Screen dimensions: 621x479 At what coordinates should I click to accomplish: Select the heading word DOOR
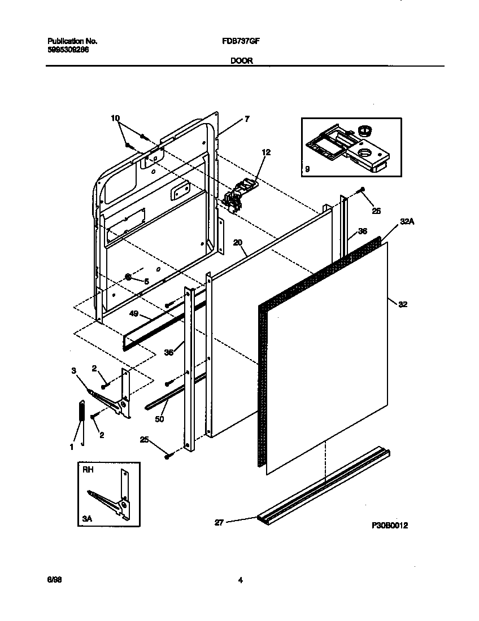[241, 61]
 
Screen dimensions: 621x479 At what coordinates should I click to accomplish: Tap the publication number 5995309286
[68, 50]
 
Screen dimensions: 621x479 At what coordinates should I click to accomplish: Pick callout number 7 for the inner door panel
[247, 119]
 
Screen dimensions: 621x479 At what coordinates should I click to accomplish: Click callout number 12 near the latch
[267, 152]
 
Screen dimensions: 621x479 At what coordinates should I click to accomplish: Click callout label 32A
[407, 222]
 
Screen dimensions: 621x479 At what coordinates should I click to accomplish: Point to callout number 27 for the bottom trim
[219, 523]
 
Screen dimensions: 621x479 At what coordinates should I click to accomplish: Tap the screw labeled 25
[167, 456]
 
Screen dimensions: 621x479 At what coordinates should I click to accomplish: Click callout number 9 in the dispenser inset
[307, 169]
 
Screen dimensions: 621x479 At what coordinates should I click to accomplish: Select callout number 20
[238, 243]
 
